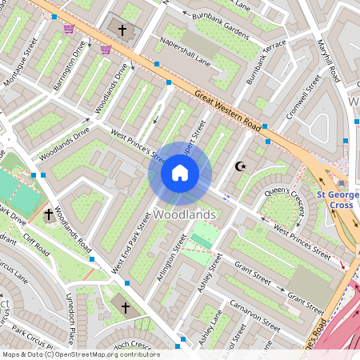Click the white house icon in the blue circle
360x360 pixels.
point(180,172)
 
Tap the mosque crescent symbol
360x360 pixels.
point(238,166)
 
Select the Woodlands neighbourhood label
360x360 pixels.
point(184,215)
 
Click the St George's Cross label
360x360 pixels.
point(335,199)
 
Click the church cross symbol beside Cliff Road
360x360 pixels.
point(49,215)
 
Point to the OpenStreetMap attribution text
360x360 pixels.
point(80,354)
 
